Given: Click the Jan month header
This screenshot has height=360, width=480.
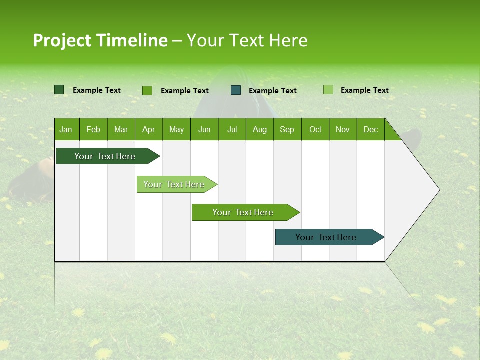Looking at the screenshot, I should (x=66, y=129).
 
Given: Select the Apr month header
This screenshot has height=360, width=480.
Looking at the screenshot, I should (x=148, y=129).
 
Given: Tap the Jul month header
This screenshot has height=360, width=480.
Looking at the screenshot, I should (x=232, y=129).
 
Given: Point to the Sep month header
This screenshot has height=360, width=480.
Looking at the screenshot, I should (x=287, y=129).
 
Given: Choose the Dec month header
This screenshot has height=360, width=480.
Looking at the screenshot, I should (x=370, y=129).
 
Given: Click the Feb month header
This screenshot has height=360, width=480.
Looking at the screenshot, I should (x=93, y=129).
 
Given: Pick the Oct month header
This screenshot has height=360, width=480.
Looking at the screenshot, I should (x=315, y=129).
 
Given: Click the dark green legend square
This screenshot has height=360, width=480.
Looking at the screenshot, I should (x=59, y=90).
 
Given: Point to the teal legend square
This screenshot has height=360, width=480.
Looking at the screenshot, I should (x=236, y=90).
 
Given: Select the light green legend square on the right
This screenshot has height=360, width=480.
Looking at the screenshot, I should (x=328, y=90).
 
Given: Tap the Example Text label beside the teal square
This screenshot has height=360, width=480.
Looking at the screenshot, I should (x=272, y=91).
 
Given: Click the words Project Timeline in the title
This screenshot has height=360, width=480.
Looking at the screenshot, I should (x=100, y=40).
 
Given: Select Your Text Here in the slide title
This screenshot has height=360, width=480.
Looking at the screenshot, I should (x=247, y=40).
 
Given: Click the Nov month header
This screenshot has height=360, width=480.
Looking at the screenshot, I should (x=343, y=129).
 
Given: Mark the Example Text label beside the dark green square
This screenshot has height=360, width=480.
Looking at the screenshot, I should (x=96, y=90).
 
